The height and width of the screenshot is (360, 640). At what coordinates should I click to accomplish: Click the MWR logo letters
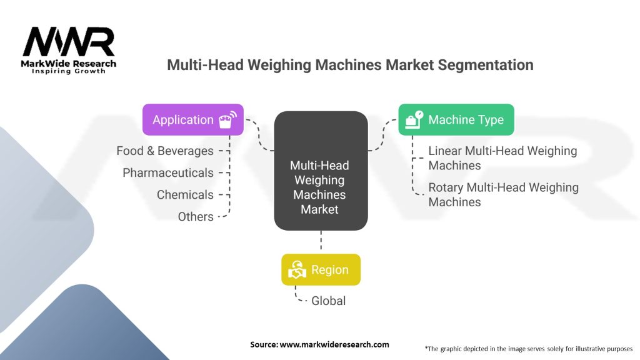[69, 42]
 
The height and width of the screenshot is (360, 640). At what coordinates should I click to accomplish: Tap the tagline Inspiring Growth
[69, 71]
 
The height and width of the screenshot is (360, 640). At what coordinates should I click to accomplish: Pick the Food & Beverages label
[165, 151]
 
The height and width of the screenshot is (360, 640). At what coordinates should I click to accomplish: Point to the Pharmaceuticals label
[168, 172]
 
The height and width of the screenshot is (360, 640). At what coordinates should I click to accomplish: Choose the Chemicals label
[185, 194]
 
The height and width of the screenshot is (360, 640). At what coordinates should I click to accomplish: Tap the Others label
[196, 216]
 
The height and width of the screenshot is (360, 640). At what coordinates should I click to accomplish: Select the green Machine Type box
[456, 119]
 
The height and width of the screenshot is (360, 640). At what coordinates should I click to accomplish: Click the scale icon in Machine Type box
[413, 119]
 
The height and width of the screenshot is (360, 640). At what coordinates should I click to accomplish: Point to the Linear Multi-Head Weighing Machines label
[502, 158]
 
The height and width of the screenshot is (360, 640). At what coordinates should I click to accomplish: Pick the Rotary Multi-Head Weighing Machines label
[503, 194]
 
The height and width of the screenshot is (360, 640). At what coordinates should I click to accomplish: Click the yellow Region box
[321, 269]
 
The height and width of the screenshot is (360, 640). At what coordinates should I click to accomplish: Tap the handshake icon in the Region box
[296, 270]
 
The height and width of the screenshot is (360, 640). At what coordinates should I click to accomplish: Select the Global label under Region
[329, 301]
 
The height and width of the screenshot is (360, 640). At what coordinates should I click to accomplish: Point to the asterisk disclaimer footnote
[529, 348]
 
